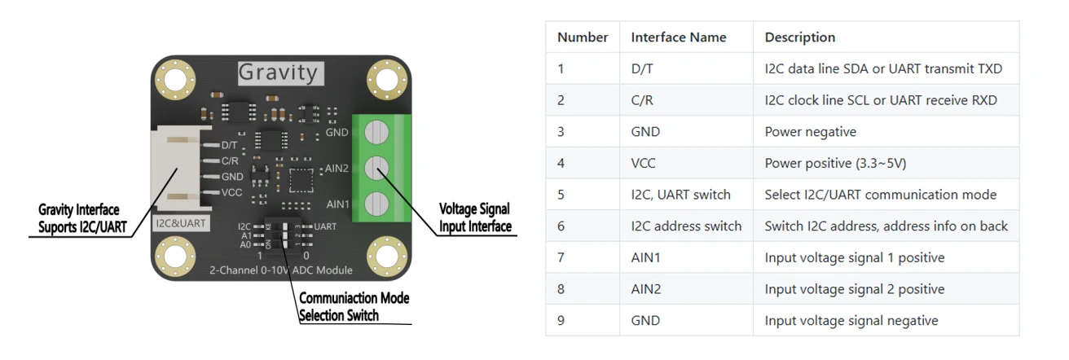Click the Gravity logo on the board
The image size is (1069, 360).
point(280,73)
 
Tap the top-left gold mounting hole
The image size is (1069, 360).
point(175,80)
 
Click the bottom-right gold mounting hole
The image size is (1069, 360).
point(387,256)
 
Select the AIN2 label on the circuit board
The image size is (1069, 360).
point(337,169)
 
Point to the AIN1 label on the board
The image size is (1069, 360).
point(338,204)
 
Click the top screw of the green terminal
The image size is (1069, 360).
point(376,132)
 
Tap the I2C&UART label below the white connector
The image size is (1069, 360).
point(181,223)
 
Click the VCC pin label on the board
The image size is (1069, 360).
point(232,193)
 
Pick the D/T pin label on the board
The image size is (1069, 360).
point(230,145)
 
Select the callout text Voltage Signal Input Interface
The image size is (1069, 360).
point(475,217)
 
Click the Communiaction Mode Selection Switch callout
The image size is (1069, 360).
point(354,306)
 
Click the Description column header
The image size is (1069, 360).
point(800,37)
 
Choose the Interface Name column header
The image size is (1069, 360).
point(679,37)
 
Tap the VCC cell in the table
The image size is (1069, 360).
point(644,163)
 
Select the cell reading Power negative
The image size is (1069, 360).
point(811,132)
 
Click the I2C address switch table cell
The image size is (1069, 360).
point(686,226)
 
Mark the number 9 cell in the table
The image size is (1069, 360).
point(561,320)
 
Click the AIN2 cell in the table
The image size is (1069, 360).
point(645,289)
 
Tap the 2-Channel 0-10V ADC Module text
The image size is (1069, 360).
point(281,270)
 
